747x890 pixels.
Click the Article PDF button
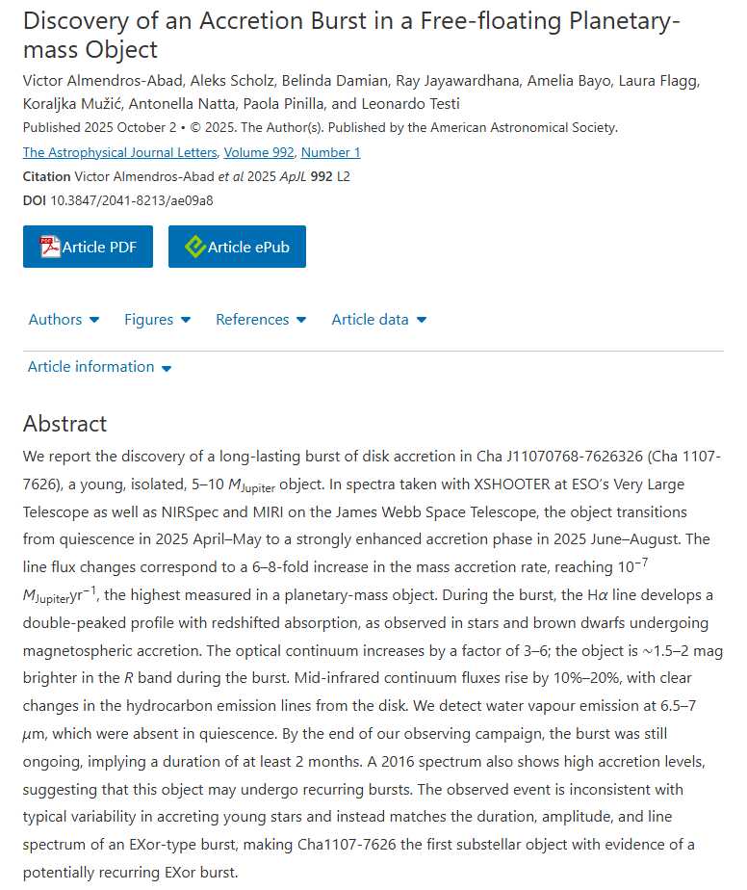click(x=88, y=247)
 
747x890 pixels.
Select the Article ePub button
click(x=237, y=247)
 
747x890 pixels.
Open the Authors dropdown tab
click(x=64, y=319)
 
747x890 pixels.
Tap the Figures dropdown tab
click(x=157, y=319)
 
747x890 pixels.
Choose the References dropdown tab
click(x=260, y=319)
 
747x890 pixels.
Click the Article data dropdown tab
click(x=378, y=319)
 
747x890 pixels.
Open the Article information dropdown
click(x=99, y=367)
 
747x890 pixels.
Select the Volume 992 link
click(x=260, y=152)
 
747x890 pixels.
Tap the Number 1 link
click(x=330, y=152)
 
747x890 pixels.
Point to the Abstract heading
click(x=65, y=424)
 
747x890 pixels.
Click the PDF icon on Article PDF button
click(x=50, y=247)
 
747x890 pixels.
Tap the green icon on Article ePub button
click(x=194, y=247)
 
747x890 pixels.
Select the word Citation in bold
click(x=46, y=176)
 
